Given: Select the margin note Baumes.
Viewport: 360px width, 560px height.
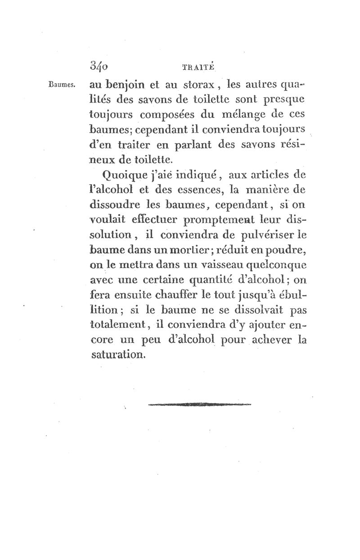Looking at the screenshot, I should [x=63, y=84].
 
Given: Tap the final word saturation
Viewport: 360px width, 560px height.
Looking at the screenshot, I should [x=118, y=355].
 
